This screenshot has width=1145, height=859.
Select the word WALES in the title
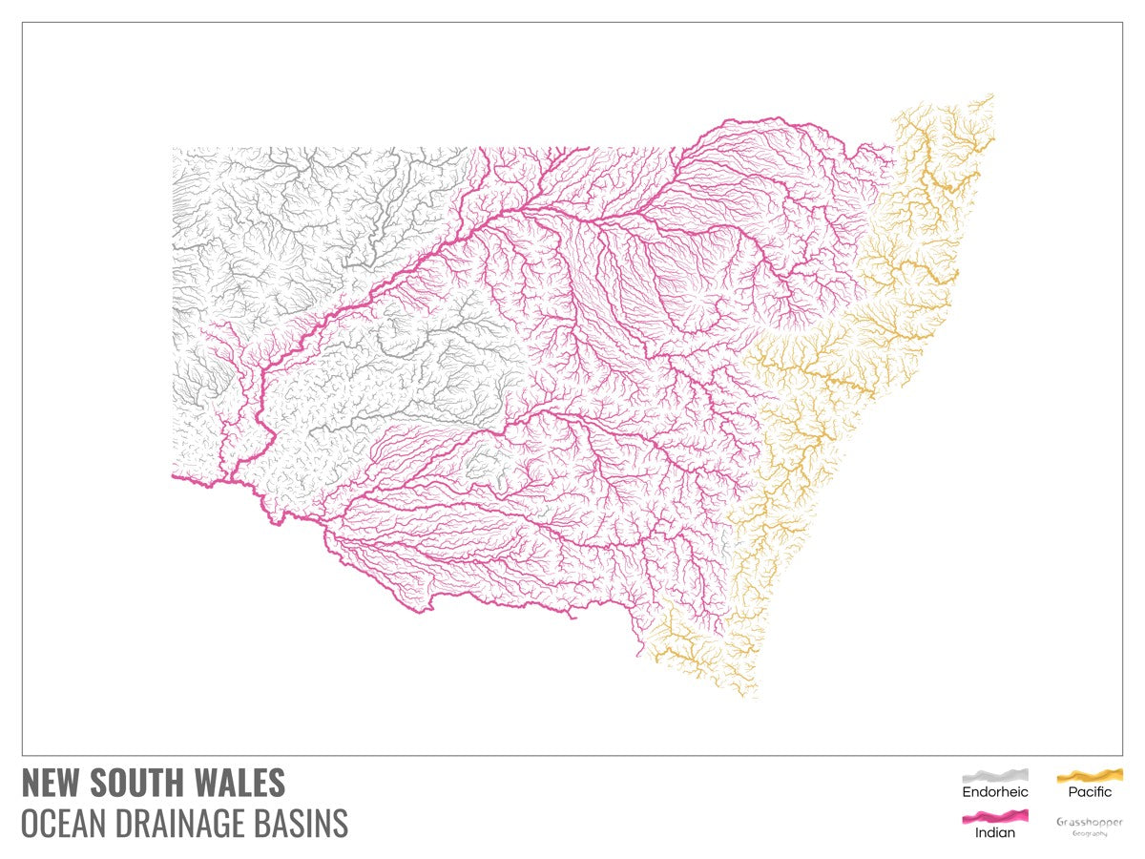(242, 784)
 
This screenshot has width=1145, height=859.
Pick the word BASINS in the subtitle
(304, 823)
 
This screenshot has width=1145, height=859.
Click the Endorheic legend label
(995, 792)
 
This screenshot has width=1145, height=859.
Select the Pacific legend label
(1090, 792)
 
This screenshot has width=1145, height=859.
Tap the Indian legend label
(995, 833)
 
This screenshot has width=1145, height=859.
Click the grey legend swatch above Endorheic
(995, 775)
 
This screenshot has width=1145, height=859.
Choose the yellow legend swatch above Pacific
(1090, 775)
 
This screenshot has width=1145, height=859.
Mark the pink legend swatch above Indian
(995, 816)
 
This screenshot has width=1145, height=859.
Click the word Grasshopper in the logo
(1090, 822)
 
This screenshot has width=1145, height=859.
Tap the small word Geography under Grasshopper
(1090, 834)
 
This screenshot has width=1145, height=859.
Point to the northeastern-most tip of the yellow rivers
(991, 94)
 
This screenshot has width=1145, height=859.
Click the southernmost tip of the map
(756, 697)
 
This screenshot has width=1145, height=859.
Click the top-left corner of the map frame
(22, 23)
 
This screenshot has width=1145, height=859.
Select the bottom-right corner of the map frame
(1122, 755)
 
